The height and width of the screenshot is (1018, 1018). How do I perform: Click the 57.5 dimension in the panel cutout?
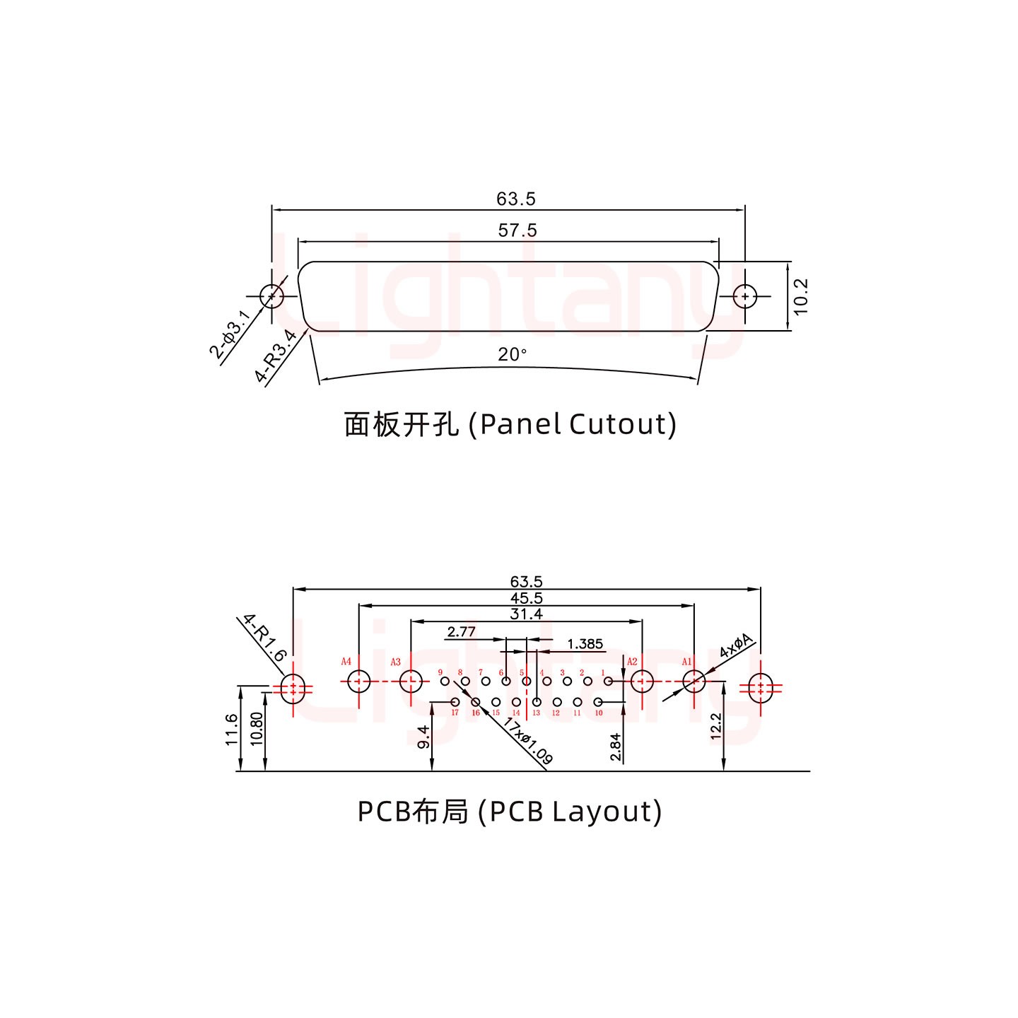pyautogui.click(x=517, y=230)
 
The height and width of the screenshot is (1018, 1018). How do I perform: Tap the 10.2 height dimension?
pyautogui.click(x=800, y=296)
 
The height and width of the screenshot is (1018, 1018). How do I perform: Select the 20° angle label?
pyautogui.click(x=513, y=355)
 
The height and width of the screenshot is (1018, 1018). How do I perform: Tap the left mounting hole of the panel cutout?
pyautogui.click(x=271, y=296)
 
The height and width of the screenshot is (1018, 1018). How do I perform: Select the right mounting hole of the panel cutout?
pyautogui.click(x=744, y=296)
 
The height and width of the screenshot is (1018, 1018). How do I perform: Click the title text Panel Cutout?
pyautogui.click(x=510, y=425)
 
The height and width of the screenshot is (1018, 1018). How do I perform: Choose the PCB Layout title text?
pyautogui.click(x=510, y=812)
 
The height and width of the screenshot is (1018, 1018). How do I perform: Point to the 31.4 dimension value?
pyautogui.click(x=526, y=614)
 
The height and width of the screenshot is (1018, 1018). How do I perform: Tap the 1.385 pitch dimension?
pyautogui.click(x=585, y=644)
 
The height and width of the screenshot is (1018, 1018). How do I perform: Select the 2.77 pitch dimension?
pyautogui.click(x=461, y=632)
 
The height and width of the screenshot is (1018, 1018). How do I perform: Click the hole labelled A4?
pyautogui.click(x=359, y=682)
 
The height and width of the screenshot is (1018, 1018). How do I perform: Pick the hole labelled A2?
pyautogui.click(x=642, y=682)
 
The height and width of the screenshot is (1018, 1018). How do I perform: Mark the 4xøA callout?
pyautogui.click(x=736, y=647)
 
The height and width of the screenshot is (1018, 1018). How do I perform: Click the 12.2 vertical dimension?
pyautogui.click(x=716, y=727)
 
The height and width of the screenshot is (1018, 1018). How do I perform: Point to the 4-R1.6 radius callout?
pyautogui.click(x=263, y=638)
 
